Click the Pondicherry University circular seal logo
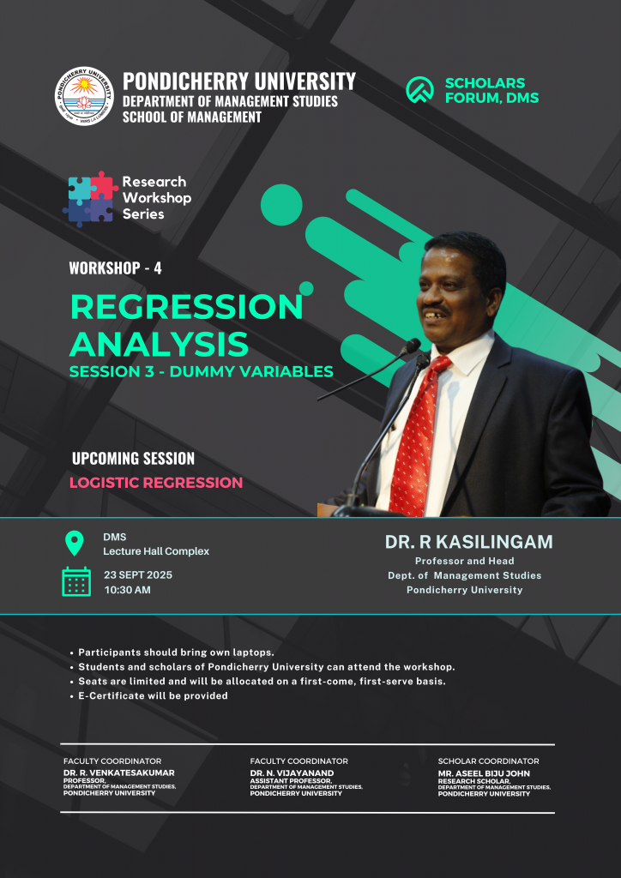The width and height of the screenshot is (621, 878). [x=84, y=96]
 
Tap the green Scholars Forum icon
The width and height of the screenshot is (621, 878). [x=419, y=89]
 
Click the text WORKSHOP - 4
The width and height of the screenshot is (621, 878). [x=115, y=268]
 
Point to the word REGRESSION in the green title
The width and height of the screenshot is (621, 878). [x=186, y=308]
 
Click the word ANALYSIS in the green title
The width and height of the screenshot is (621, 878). [x=159, y=344]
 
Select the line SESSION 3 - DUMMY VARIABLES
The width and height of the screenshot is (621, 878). [x=201, y=370]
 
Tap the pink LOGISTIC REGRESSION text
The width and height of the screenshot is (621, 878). [x=156, y=483]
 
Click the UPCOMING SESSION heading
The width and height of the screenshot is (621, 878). [x=133, y=459]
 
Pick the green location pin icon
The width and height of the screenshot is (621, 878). [x=75, y=543]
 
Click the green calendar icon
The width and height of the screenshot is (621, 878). [x=76, y=581]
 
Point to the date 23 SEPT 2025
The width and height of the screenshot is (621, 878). [x=138, y=575]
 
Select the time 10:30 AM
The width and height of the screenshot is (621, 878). [x=127, y=590]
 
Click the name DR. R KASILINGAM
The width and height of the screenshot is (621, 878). [x=468, y=542]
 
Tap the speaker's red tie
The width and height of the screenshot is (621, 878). [x=419, y=435]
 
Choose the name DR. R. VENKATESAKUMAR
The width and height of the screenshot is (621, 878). [x=118, y=773]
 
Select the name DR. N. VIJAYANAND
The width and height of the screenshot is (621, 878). [x=292, y=773]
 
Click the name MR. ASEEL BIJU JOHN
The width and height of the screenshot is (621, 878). [x=484, y=773]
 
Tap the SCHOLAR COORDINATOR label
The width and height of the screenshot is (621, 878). [x=488, y=761]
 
